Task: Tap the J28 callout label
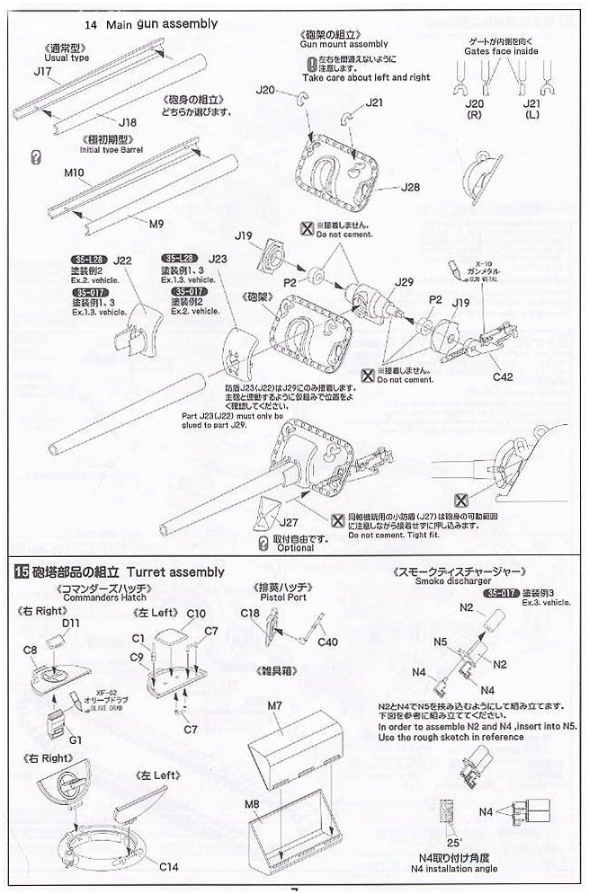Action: click(411, 190)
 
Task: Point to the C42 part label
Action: click(503, 378)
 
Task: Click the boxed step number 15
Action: click(19, 572)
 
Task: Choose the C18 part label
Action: click(250, 613)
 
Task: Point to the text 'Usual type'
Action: click(66, 58)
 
